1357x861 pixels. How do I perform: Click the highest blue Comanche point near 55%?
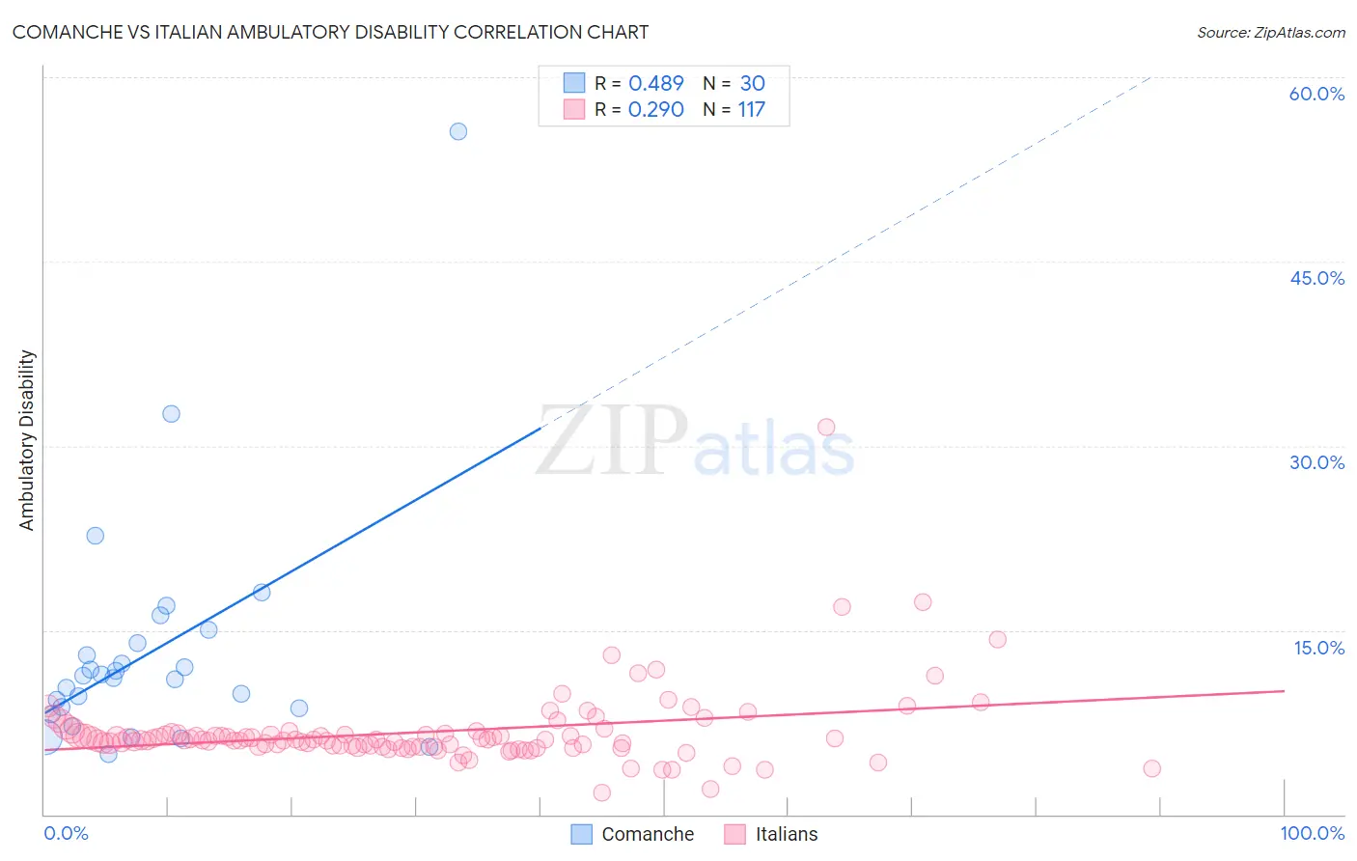(x=458, y=131)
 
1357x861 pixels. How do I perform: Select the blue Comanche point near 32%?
(x=171, y=414)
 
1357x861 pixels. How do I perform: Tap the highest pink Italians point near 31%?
(x=826, y=428)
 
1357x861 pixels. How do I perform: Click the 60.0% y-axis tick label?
(x=1316, y=94)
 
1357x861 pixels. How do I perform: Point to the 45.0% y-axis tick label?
(x=1316, y=278)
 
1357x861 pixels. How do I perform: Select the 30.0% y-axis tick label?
(x=1316, y=462)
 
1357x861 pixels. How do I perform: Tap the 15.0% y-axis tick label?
(x=1318, y=648)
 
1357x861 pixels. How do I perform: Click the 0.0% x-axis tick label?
(x=66, y=833)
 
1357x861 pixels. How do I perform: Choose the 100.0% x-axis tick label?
(x=1312, y=833)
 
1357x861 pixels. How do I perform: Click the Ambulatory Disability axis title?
(x=27, y=440)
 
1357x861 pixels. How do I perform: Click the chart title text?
(x=330, y=32)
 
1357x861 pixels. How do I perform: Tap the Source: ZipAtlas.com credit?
(x=1270, y=33)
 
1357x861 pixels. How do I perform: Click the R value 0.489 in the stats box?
(x=655, y=84)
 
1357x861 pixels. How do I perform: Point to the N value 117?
(x=751, y=110)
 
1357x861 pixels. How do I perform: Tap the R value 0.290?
(x=655, y=110)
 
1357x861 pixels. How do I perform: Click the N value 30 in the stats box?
(x=752, y=84)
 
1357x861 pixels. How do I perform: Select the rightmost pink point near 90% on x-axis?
(x=1151, y=768)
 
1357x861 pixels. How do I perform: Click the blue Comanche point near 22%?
(x=95, y=536)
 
